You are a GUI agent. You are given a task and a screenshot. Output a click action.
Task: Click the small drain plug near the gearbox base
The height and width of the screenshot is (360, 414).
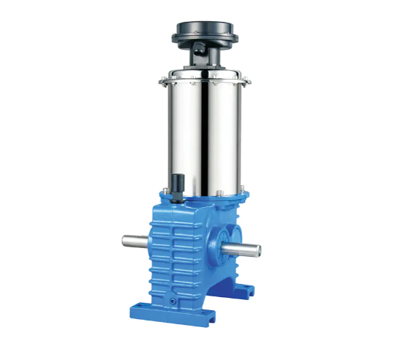[x=173, y=300]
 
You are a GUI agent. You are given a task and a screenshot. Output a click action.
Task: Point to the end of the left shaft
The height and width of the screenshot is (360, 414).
[x=122, y=241]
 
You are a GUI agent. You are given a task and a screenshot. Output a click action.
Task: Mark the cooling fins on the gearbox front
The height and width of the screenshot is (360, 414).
[x=178, y=249]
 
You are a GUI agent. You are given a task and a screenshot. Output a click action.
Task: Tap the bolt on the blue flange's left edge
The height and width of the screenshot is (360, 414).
[x=165, y=192]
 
